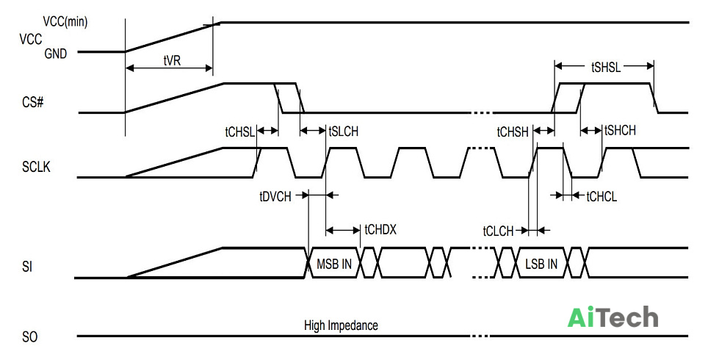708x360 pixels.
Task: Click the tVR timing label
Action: coord(172,61)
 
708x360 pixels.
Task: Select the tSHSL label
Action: coord(606,68)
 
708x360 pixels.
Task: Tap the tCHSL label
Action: coord(239,132)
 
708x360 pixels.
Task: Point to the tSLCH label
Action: coord(344,132)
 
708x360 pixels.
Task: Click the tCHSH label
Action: coord(513,132)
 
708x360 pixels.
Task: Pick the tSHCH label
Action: coord(620,131)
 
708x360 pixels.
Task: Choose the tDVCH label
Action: coord(275,196)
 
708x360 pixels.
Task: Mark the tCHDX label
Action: coord(380,230)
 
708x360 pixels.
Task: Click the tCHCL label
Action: coord(602,196)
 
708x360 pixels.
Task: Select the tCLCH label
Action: coord(498,231)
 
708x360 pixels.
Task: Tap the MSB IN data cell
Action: coord(333,264)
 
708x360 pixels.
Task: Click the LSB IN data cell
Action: coord(541,264)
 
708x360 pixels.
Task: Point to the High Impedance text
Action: coord(341,325)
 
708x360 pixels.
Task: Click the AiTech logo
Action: coord(613,317)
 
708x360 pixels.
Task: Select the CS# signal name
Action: coord(33,103)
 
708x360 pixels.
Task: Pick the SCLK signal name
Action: coord(36,167)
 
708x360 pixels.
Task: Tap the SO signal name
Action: coord(30,337)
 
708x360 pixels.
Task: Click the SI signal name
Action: coord(27,267)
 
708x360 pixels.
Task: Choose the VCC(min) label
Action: coord(65,22)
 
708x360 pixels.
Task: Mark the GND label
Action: coord(56,54)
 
